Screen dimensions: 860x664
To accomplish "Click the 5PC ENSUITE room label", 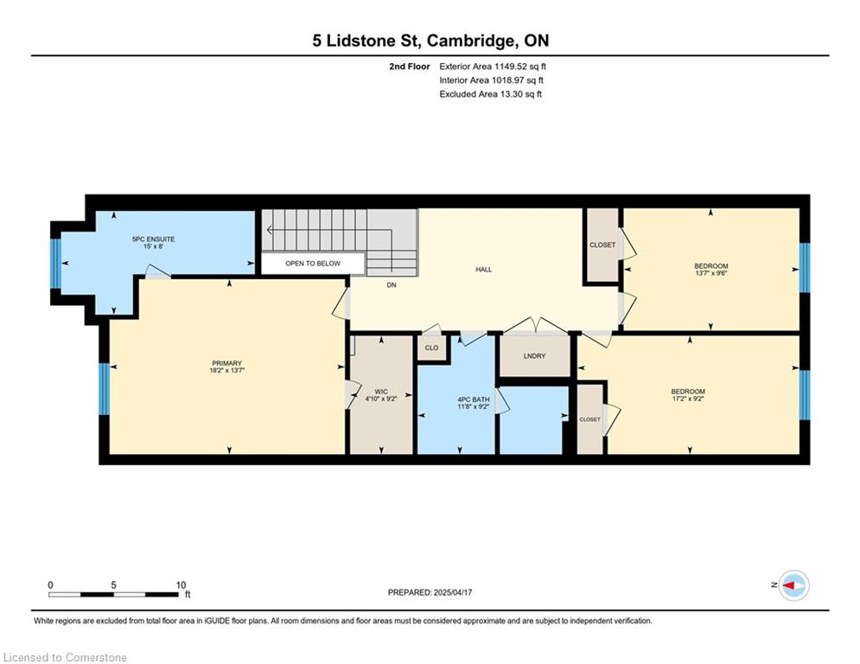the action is click(153, 239).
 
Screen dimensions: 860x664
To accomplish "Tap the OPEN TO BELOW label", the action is click(313, 264).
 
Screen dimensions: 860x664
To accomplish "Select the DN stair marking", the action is click(392, 285).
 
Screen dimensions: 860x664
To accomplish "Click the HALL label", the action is click(484, 270).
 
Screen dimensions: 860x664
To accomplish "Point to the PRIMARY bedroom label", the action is click(227, 363).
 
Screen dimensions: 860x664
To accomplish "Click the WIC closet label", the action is click(381, 392).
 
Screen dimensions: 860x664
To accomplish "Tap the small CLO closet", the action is click(431, 348).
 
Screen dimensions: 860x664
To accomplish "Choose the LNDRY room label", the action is click(535, 356).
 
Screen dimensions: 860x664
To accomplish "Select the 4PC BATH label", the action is click(474, 399).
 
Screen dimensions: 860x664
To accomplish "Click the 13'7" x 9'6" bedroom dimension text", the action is click(710, 273).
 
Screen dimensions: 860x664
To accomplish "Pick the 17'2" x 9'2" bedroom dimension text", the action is click(688, 399).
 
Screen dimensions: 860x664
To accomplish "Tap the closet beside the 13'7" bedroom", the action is click(602, 245).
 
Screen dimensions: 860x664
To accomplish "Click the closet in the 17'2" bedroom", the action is click(590, 419).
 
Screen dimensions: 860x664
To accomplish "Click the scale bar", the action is click(113, 594).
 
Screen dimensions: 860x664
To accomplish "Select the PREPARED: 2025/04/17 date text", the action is click(430, 592).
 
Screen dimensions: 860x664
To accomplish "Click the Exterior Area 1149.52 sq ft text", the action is click(493, 67).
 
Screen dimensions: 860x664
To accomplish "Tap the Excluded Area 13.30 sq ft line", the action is click(490, 94).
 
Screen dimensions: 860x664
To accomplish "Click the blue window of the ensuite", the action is click(55, 264).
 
